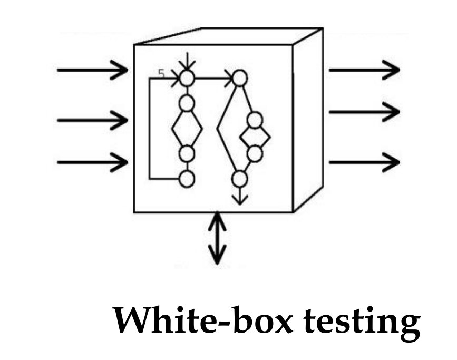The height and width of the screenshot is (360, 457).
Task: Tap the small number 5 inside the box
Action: pos(161,74)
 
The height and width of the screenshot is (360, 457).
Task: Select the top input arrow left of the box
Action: pos(93,70)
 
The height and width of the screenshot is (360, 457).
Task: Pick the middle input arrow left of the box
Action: pos(93,120)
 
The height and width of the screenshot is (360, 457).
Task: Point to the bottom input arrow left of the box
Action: pos(93,161)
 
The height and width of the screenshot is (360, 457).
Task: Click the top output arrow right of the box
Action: pos(364,70)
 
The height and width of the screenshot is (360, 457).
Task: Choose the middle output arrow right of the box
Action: pos(364,112)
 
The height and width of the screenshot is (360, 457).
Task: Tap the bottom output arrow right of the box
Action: pos(364,161)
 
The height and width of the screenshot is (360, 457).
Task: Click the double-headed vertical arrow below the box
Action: pos(217,238)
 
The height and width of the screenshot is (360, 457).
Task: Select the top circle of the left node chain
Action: pos(187,79)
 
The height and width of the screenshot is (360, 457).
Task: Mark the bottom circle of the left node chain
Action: pos(187,179)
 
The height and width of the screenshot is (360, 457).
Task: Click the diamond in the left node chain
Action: pos(187,129)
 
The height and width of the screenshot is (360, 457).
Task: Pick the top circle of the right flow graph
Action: pos(240,79)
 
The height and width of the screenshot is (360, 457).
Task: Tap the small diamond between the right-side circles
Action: pos(255,138)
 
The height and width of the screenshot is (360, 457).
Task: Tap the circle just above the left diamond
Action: pos(187,103)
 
